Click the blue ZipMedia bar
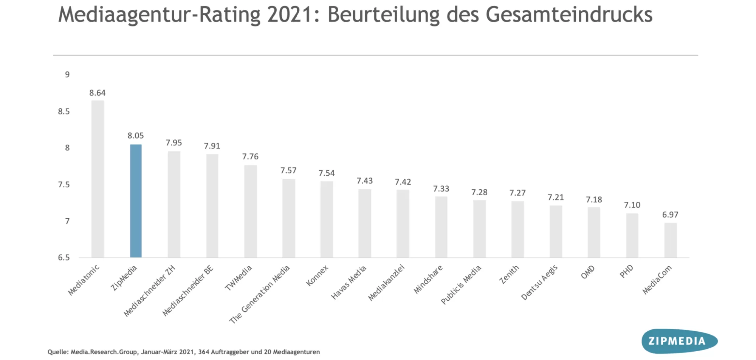136,201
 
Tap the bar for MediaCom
671,240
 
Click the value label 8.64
97,93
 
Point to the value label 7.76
250,157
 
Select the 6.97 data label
670,215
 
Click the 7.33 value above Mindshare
441,189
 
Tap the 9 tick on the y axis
67,75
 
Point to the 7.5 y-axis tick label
64,185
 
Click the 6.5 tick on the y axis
64,258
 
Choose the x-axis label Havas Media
349,282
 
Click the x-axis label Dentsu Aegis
539,282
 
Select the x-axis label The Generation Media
260,294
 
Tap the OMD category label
588,272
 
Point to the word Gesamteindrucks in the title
569,15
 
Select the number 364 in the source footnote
203,352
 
